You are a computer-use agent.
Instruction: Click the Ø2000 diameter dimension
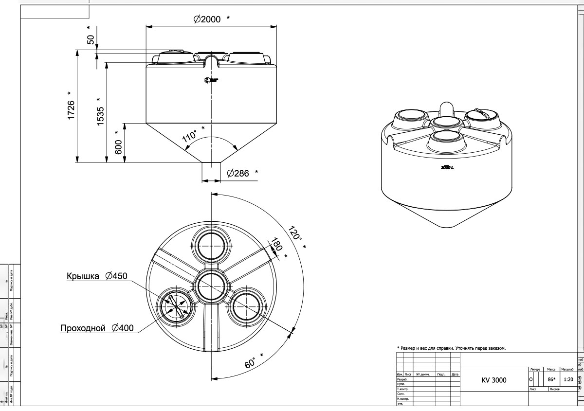pyautogui.click(x=207, y=19)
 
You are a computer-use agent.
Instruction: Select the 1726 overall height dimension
pyautogui.click(x=71, y=111)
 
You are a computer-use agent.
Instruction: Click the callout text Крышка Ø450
pyautogui.click(x=96, y=276)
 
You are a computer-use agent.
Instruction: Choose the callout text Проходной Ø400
pyautogui.click(x=97, y=328)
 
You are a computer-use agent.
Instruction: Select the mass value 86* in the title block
pyautogui.click(x=551, y=378)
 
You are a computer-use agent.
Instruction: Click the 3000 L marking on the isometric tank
pyautogui.click(x=447, y=168)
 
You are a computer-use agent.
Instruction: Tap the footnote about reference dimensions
pyautogui.click(x=451, y=348)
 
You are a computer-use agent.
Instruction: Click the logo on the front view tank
pyautogui.click(x=211, y=80)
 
